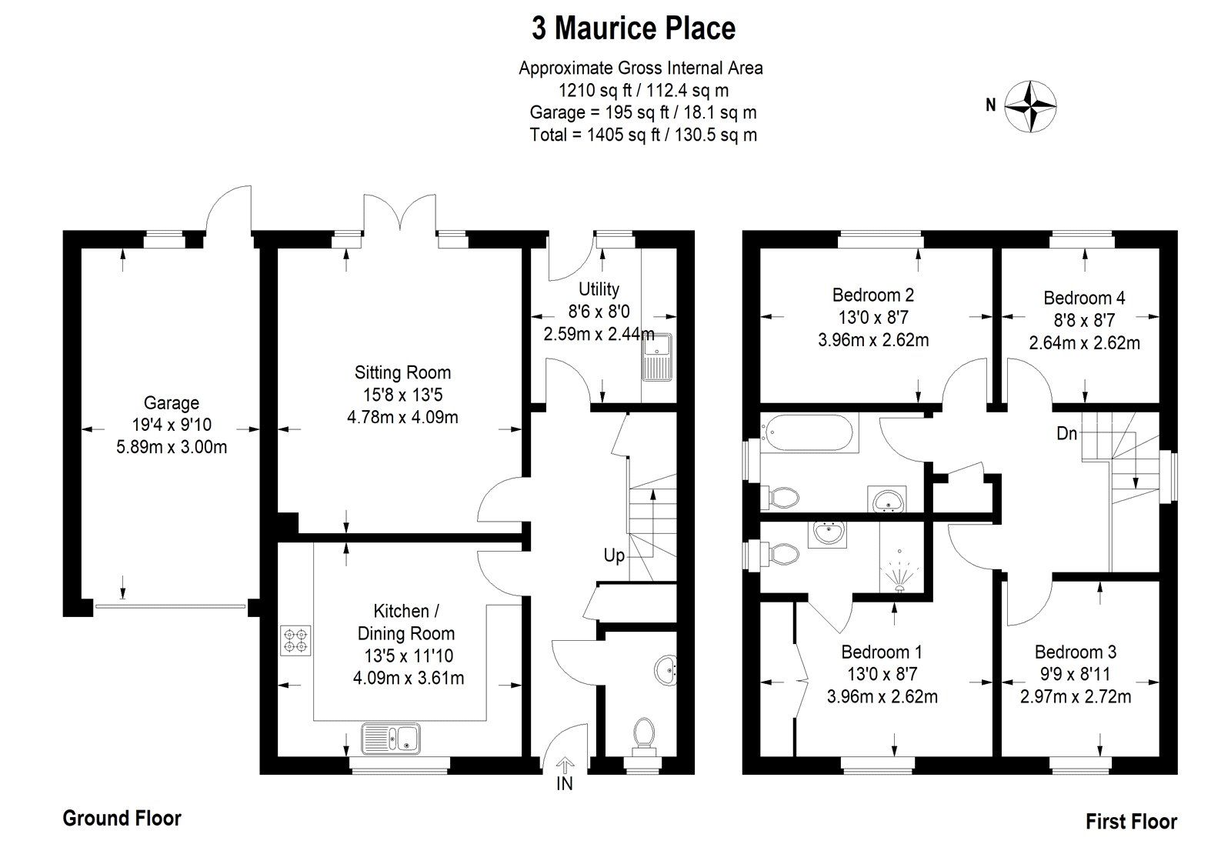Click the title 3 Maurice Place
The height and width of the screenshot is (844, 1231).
[x=633, y=29]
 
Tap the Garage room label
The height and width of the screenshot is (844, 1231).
[x=171, y=402]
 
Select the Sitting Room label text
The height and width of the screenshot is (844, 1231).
[x=402, y=372]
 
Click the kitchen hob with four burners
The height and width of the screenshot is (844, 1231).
[x=295, y=642]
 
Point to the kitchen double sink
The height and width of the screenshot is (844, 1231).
[x=391, y=739]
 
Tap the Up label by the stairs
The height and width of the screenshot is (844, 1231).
[x=614, y=555]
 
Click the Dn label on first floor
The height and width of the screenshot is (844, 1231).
[x=1066, y=434]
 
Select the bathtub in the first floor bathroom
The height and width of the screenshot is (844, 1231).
[x=807, y=433]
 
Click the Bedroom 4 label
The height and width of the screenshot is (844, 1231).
[x=1084, y=298]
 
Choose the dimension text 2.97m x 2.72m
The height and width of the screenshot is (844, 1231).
[x=1075, y=697]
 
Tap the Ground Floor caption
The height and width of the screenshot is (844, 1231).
[x=122, y=818]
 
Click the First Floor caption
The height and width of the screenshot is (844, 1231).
[x=1130, y=822]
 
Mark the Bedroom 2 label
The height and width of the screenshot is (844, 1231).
[x=872, y=295]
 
